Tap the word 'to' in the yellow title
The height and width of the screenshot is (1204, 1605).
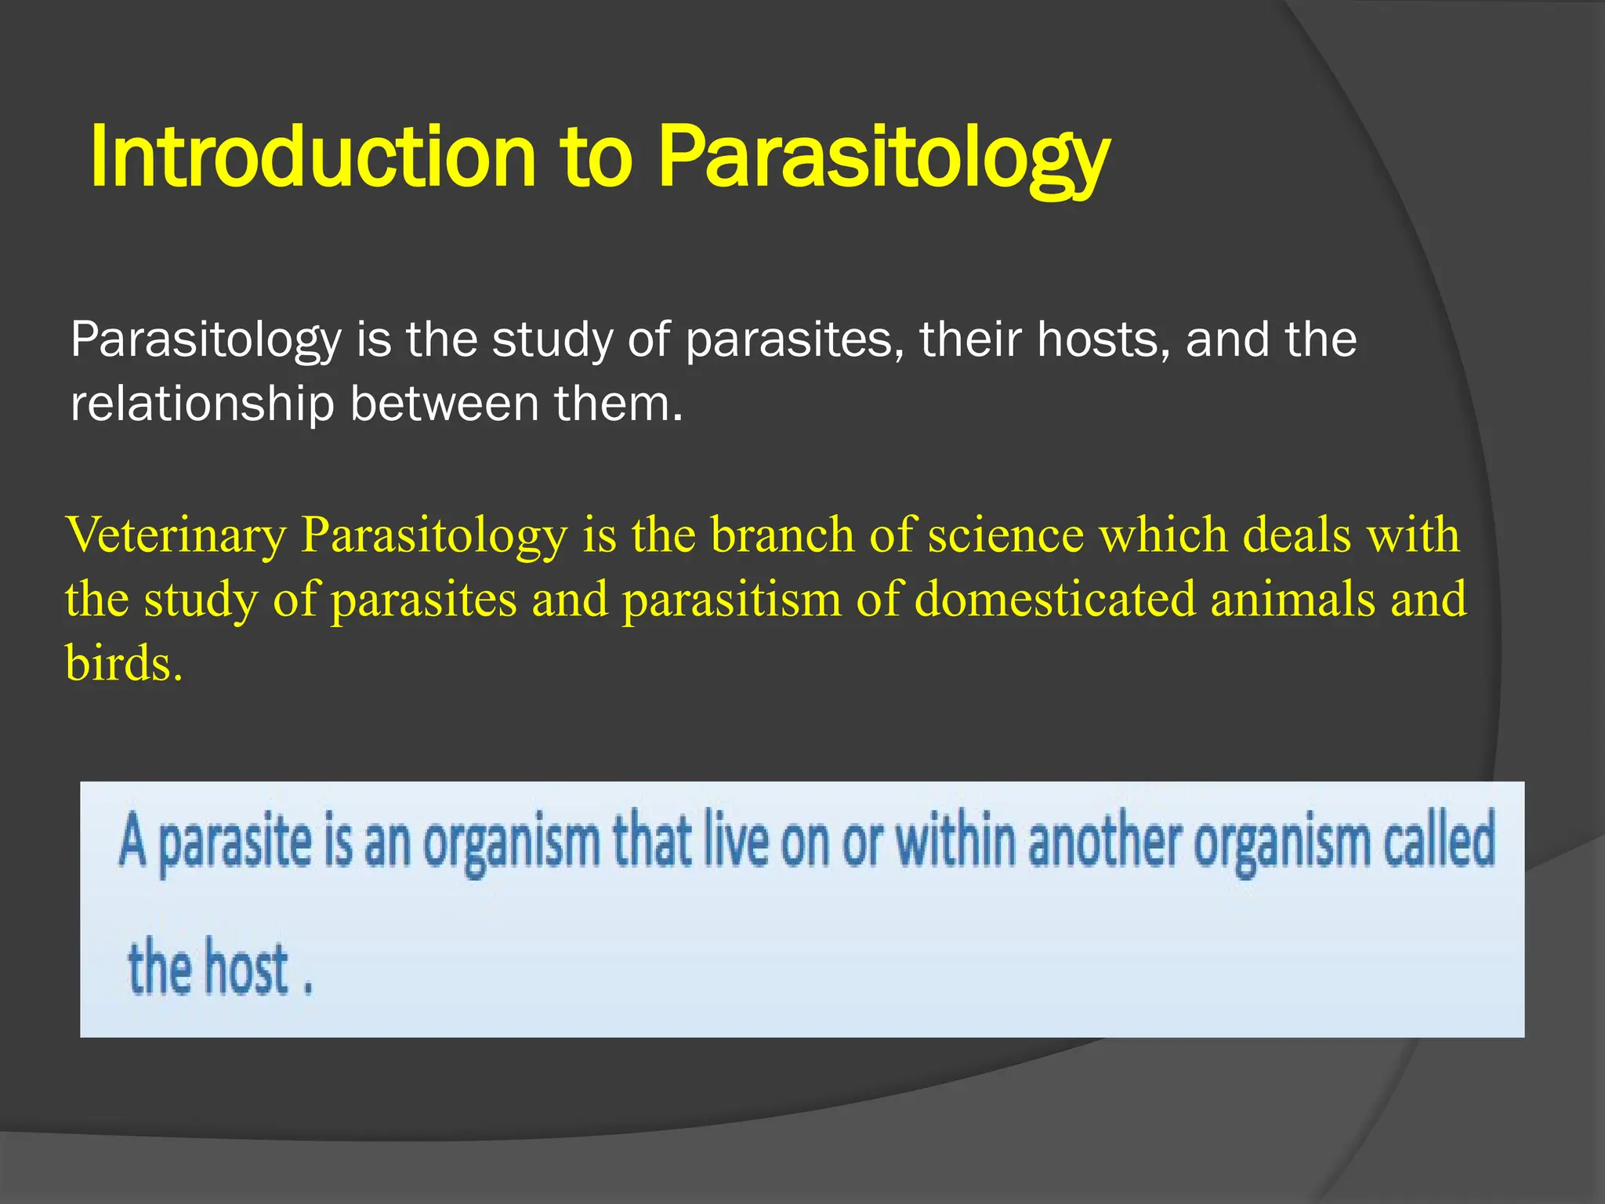pos(596,157)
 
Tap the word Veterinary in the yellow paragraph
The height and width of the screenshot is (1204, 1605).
pos(177,536)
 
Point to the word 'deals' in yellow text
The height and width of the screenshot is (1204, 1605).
pos(1298,536)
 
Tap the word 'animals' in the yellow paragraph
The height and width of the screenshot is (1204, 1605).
pos(1293,600)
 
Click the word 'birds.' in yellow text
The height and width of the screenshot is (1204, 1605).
pos(124,665)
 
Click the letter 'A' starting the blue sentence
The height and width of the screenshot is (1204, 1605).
pos(133,840)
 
